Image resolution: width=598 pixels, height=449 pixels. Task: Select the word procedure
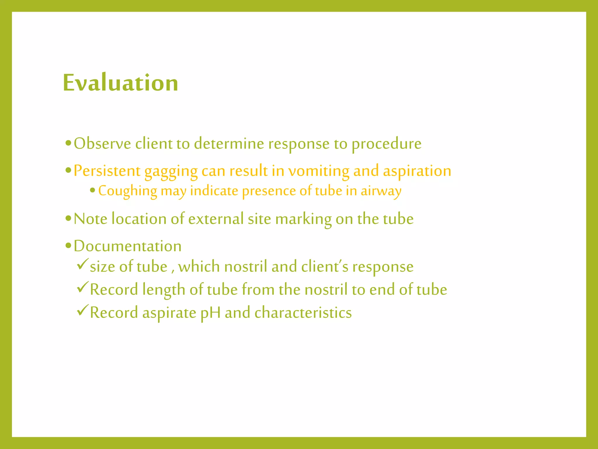pyautogui.click(x=386, y=144)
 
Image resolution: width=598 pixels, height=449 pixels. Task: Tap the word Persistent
pyautogui.click(x=107, y=171)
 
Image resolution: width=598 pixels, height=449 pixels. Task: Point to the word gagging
pyautogui.click(x=171, y=172)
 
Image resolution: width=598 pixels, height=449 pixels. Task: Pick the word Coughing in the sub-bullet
pyautogui.click(x=128, y=191)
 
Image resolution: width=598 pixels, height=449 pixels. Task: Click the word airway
pyautogui.click(x=381, y=191)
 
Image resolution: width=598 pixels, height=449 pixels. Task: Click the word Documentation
pyautogui.click(x=128, y=246)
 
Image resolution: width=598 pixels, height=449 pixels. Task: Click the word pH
pyautogui.click(x=211, y=313)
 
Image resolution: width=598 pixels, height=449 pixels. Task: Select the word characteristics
pyautogui.click(x=303, y=312)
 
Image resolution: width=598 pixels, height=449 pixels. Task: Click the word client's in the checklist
pyautogui.click(x=325, y=267)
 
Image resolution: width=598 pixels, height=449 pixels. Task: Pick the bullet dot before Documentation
pyautogui.click(x=68, y=246)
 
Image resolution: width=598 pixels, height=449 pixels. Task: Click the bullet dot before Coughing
pyautogui.click(x=93, y=191)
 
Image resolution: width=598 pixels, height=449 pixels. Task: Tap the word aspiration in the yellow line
pyautogui.click(x=417, y=171)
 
